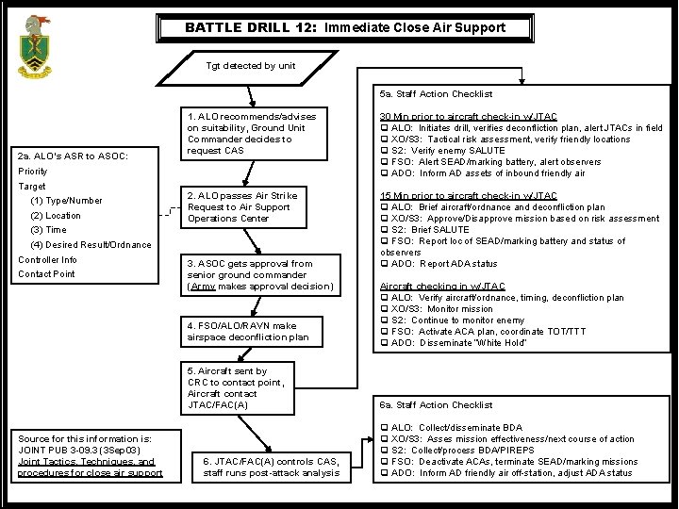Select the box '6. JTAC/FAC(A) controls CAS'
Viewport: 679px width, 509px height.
(x=271, y=467)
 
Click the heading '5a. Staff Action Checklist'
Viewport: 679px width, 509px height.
(x=436, y=94)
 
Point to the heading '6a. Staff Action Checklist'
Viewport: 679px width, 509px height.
(x=436, y=405)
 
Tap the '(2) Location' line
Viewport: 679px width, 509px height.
(x=56, y=215)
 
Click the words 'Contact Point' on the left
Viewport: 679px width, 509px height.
(x=46, y=274)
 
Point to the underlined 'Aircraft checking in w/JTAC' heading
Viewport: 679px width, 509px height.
(x=441, y=287)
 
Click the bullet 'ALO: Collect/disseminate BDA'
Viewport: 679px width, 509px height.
(x=455, y=428)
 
